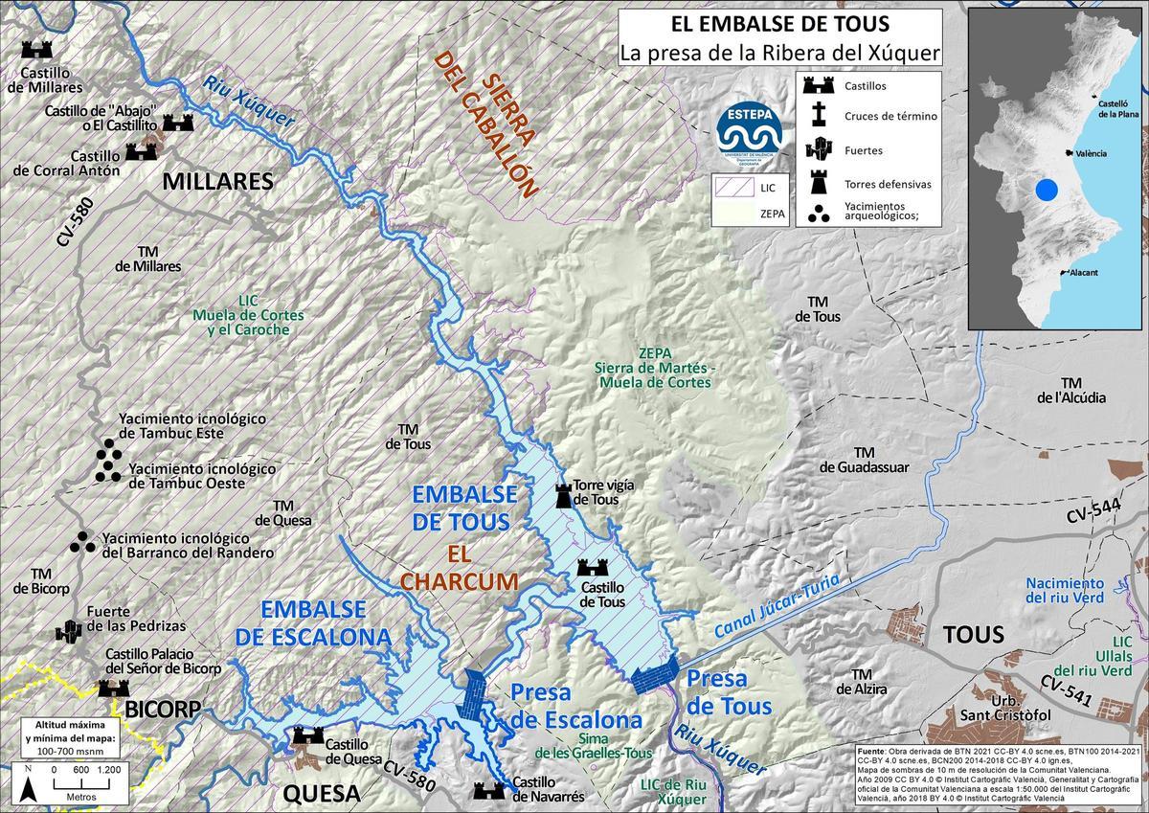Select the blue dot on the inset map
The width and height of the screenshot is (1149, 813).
pyautogui.click(x=1048, y=190)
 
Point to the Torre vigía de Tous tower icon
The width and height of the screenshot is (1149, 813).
pyautogui.click(x=564, y=495)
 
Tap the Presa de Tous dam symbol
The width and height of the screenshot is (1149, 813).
pyautogui.click(x=656, y=677)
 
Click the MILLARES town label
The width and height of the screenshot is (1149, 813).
pyautogui.click(x=217, y=182)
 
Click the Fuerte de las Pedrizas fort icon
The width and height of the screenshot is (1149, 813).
pyautogui.click(x=68, y=631)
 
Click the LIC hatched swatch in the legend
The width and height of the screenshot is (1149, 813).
pyautogui.click(x=731, y=189)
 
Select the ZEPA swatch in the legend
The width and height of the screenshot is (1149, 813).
pyautogui.click(x=731, y=215)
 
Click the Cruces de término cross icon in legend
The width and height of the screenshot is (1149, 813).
pyautogui.click(x=819, y=117)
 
